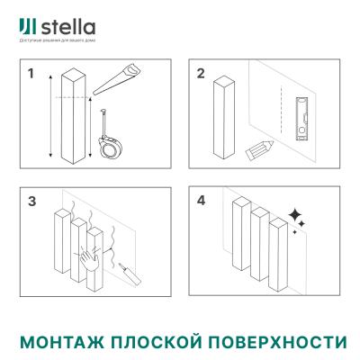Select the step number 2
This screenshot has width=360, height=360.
(202, 75)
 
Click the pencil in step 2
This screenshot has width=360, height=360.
(259, 150)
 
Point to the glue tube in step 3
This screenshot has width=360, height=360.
(122, 268)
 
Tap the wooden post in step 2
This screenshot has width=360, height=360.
(224, 118)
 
